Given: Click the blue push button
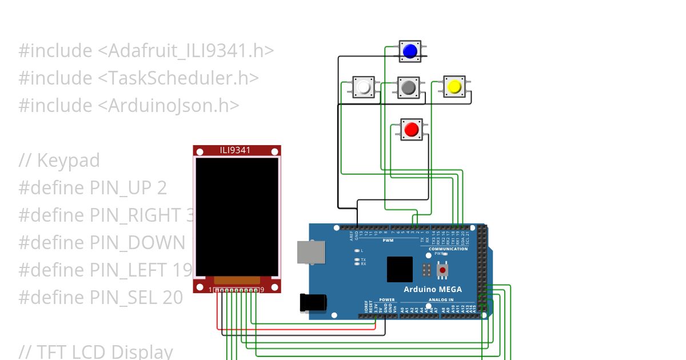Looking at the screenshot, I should pyautogui.click(x=409, y=51).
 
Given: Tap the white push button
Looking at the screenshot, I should pyautogui.click(x=364, y=87).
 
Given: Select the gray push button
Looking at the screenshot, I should pyautogui.click(x=408, y=87).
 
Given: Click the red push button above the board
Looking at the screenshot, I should pyautogui.click(x=411, y=130).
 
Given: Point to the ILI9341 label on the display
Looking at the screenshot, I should pyautogui.click(x=236, y=151).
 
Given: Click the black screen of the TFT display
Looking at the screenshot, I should pyautogui.click(x=237, y=216).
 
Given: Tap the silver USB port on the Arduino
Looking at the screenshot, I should pyautogui.click(x=311, y=252).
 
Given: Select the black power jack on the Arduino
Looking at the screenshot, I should pyautogui.click(x=313, y=302).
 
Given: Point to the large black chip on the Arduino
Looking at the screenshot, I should pyautogui.click(x=400, y=269).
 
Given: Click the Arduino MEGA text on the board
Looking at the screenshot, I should pyautogui.click(x=433, y=289).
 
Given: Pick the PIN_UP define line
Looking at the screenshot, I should pyautogui.click(x=93, y=188).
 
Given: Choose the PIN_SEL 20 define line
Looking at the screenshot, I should pyautogui.click(x=101, y=297).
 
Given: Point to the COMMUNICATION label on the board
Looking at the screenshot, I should pyautogui.click(x=448, y=249).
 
